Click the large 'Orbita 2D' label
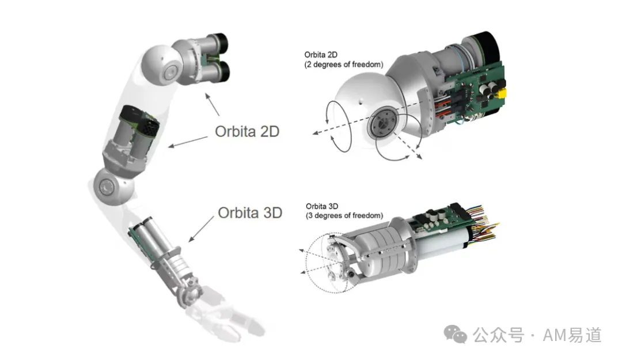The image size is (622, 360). pyautogui.click(x=247, y=131)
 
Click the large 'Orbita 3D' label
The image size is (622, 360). pyautogui.click(x=250, y=213)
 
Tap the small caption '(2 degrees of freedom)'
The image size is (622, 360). pyautogui.click(x=343, y=65)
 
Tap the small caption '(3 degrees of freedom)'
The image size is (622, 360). pyautogui.click(x=344, y=215)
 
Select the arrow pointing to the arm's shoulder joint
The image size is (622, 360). pyautogui.click(x=212, y=104)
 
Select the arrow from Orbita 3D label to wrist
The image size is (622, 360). pyautogui.click(x=201, y=229)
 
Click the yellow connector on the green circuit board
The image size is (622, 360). pyautogui.click(x=502, y=94)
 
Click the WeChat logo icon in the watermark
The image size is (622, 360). pyautogui.click(x=455, y=335)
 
